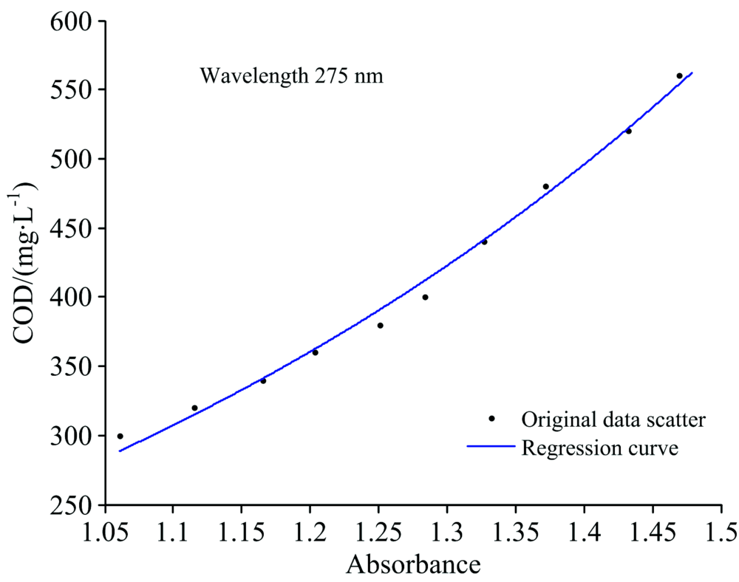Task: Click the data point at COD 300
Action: tap(120, 437)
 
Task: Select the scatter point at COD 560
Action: tap(679, 76)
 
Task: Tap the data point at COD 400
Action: tap(425, 298)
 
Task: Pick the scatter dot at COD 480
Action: tap(546, 187)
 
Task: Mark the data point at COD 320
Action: tap(194, 408)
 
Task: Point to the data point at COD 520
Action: tap(629, 131)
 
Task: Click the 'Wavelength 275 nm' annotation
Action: tap(292, 76)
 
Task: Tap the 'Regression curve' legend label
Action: tap(600, 448)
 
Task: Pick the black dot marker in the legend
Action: tap(491, 419)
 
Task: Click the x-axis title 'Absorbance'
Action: tap(414, 565)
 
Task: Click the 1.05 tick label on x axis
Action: tap(104, 532)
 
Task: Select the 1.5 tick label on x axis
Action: tap(721, 532)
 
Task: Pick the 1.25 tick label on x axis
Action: tap(378, 532)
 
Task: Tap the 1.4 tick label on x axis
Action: tap(584, 532)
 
